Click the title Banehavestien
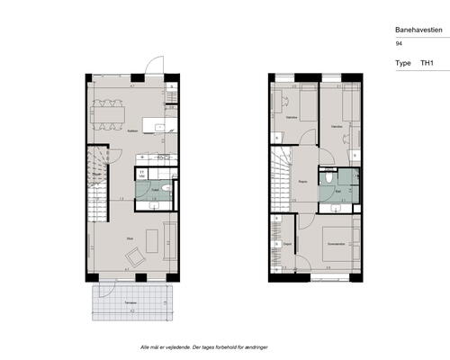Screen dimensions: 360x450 [x=418, y=29]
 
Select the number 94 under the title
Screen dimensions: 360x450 [x=399, y=43]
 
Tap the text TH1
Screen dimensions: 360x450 [x=427, y=64]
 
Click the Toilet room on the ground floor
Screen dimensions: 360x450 [x=155, y=191]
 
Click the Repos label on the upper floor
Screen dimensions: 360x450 [x=303, y=180]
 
